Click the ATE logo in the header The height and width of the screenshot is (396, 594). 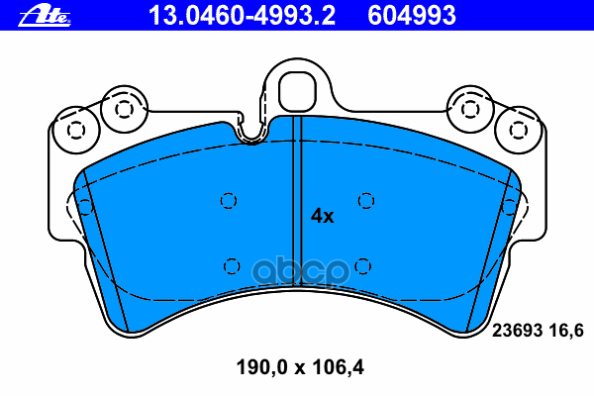point(45,16)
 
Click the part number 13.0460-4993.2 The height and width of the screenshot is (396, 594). point(242,16)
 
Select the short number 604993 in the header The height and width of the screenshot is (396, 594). point(412,16)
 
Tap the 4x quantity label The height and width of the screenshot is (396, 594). point(322,216)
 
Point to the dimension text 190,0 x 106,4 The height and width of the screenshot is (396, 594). point(300,367)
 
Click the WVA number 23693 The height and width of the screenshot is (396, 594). point(517,331)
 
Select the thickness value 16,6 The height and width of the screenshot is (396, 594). point(566,332)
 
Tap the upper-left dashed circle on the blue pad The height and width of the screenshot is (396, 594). point(229,200)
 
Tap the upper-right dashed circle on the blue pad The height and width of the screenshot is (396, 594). point(366,200)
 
